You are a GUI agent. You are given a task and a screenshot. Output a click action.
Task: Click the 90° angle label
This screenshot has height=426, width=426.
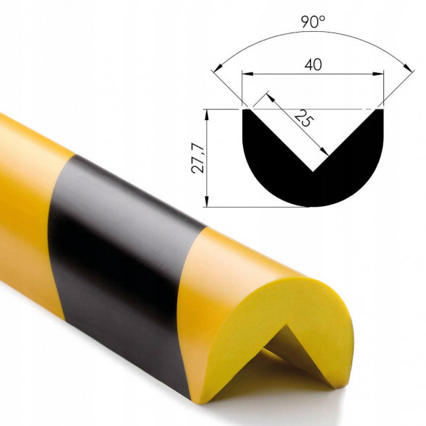pyautogui.click(x=313, y=22)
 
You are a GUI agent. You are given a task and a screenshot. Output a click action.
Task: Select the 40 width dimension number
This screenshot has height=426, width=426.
pyautogui.click(x=313, y=64)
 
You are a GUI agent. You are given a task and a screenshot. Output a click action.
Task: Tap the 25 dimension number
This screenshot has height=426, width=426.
pyautogui.click(x=304, y=119)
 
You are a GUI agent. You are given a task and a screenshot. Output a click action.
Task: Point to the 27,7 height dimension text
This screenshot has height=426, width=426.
pyautogui.click(x=197, y=158)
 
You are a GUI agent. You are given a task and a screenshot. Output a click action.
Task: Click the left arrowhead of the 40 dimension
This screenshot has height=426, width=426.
pyautogui.click(x=247, y=74)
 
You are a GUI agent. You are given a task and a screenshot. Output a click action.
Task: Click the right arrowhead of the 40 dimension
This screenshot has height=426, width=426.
pyautogui.click(x=378, y=74)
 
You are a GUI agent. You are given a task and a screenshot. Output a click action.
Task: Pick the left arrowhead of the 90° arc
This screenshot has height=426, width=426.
pyautogui.click(x=218, y=69)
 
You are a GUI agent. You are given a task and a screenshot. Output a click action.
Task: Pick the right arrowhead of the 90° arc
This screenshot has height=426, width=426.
pyautogui.click(x=408, y=68)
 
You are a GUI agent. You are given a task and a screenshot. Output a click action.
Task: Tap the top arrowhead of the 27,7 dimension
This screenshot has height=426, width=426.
pyautogui.click(x=207, y=115)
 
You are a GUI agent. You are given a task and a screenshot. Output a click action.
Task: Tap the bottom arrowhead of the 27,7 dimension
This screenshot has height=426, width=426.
pyautogui.click(x=207, y=201)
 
